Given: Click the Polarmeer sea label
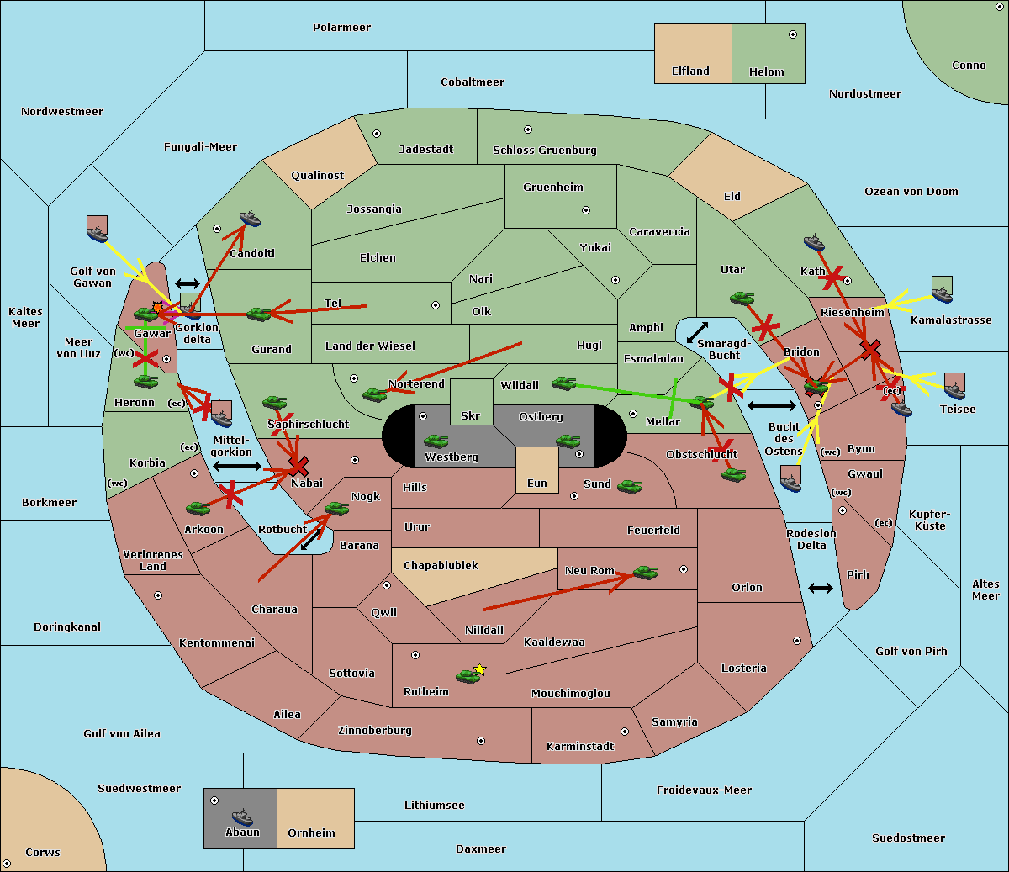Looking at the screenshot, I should click(341, 28).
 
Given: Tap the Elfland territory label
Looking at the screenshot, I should click(690, 71).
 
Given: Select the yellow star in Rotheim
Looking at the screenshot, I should click(479, 669).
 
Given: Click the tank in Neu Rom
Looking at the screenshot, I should click(645, 573).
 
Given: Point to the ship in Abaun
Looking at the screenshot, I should click(242, 817).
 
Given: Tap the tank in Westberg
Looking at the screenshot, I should click(436, 441).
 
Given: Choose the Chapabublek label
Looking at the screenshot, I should click(441, 566).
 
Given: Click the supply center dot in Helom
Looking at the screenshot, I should click(792, 34).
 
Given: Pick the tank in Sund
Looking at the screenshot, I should click(629, 486).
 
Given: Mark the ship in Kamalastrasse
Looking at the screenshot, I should click(942, 293).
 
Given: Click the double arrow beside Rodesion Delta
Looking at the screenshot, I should click(821, 588).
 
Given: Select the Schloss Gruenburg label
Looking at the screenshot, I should click(544, 151).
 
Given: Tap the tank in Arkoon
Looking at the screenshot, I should click(198, 508).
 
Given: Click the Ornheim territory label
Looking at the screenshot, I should click(311, 833).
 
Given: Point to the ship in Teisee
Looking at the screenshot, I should click(954, 388).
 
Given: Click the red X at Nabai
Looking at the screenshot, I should click(298, 465).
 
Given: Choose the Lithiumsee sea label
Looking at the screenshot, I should click(434, 806).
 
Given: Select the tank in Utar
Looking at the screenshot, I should click(742, 298).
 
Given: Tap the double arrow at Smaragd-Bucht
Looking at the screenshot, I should click(697, 332).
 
